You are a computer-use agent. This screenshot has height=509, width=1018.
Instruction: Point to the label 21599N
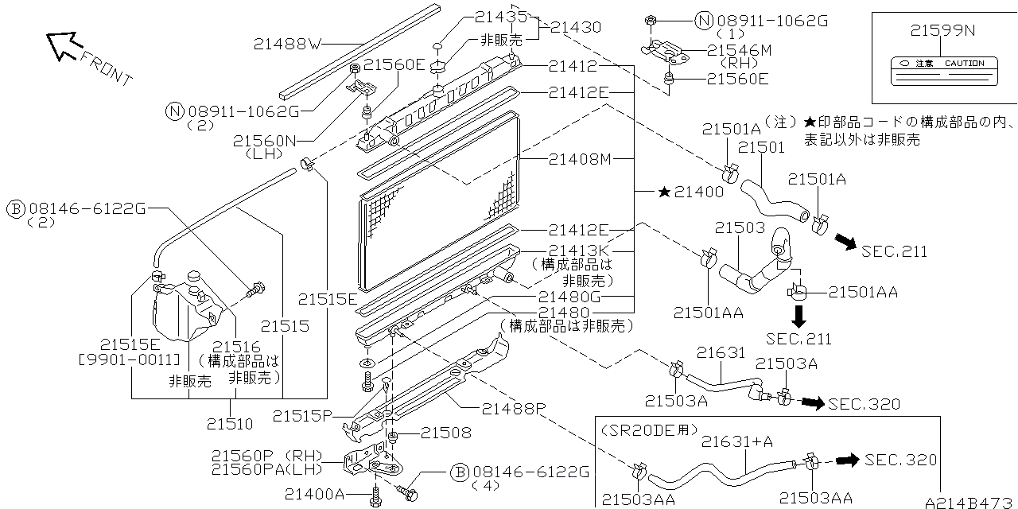point(943,31)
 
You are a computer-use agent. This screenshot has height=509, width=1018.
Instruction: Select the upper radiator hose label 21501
point(761,147)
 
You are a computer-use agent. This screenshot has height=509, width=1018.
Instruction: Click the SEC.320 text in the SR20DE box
point(900,460)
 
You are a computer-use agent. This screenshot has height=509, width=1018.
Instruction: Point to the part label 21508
point(445,433)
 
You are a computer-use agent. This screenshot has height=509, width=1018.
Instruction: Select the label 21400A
point(317,495)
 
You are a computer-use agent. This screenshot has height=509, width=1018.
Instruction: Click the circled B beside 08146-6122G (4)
point(459,472)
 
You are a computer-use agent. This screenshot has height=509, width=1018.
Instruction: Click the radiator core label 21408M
point(579,159)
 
